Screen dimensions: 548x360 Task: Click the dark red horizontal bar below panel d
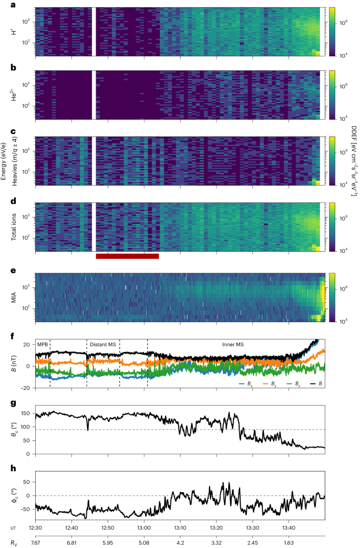point(127,256)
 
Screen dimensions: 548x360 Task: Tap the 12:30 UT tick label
point(35,527)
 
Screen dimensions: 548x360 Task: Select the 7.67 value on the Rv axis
point(35,541)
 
